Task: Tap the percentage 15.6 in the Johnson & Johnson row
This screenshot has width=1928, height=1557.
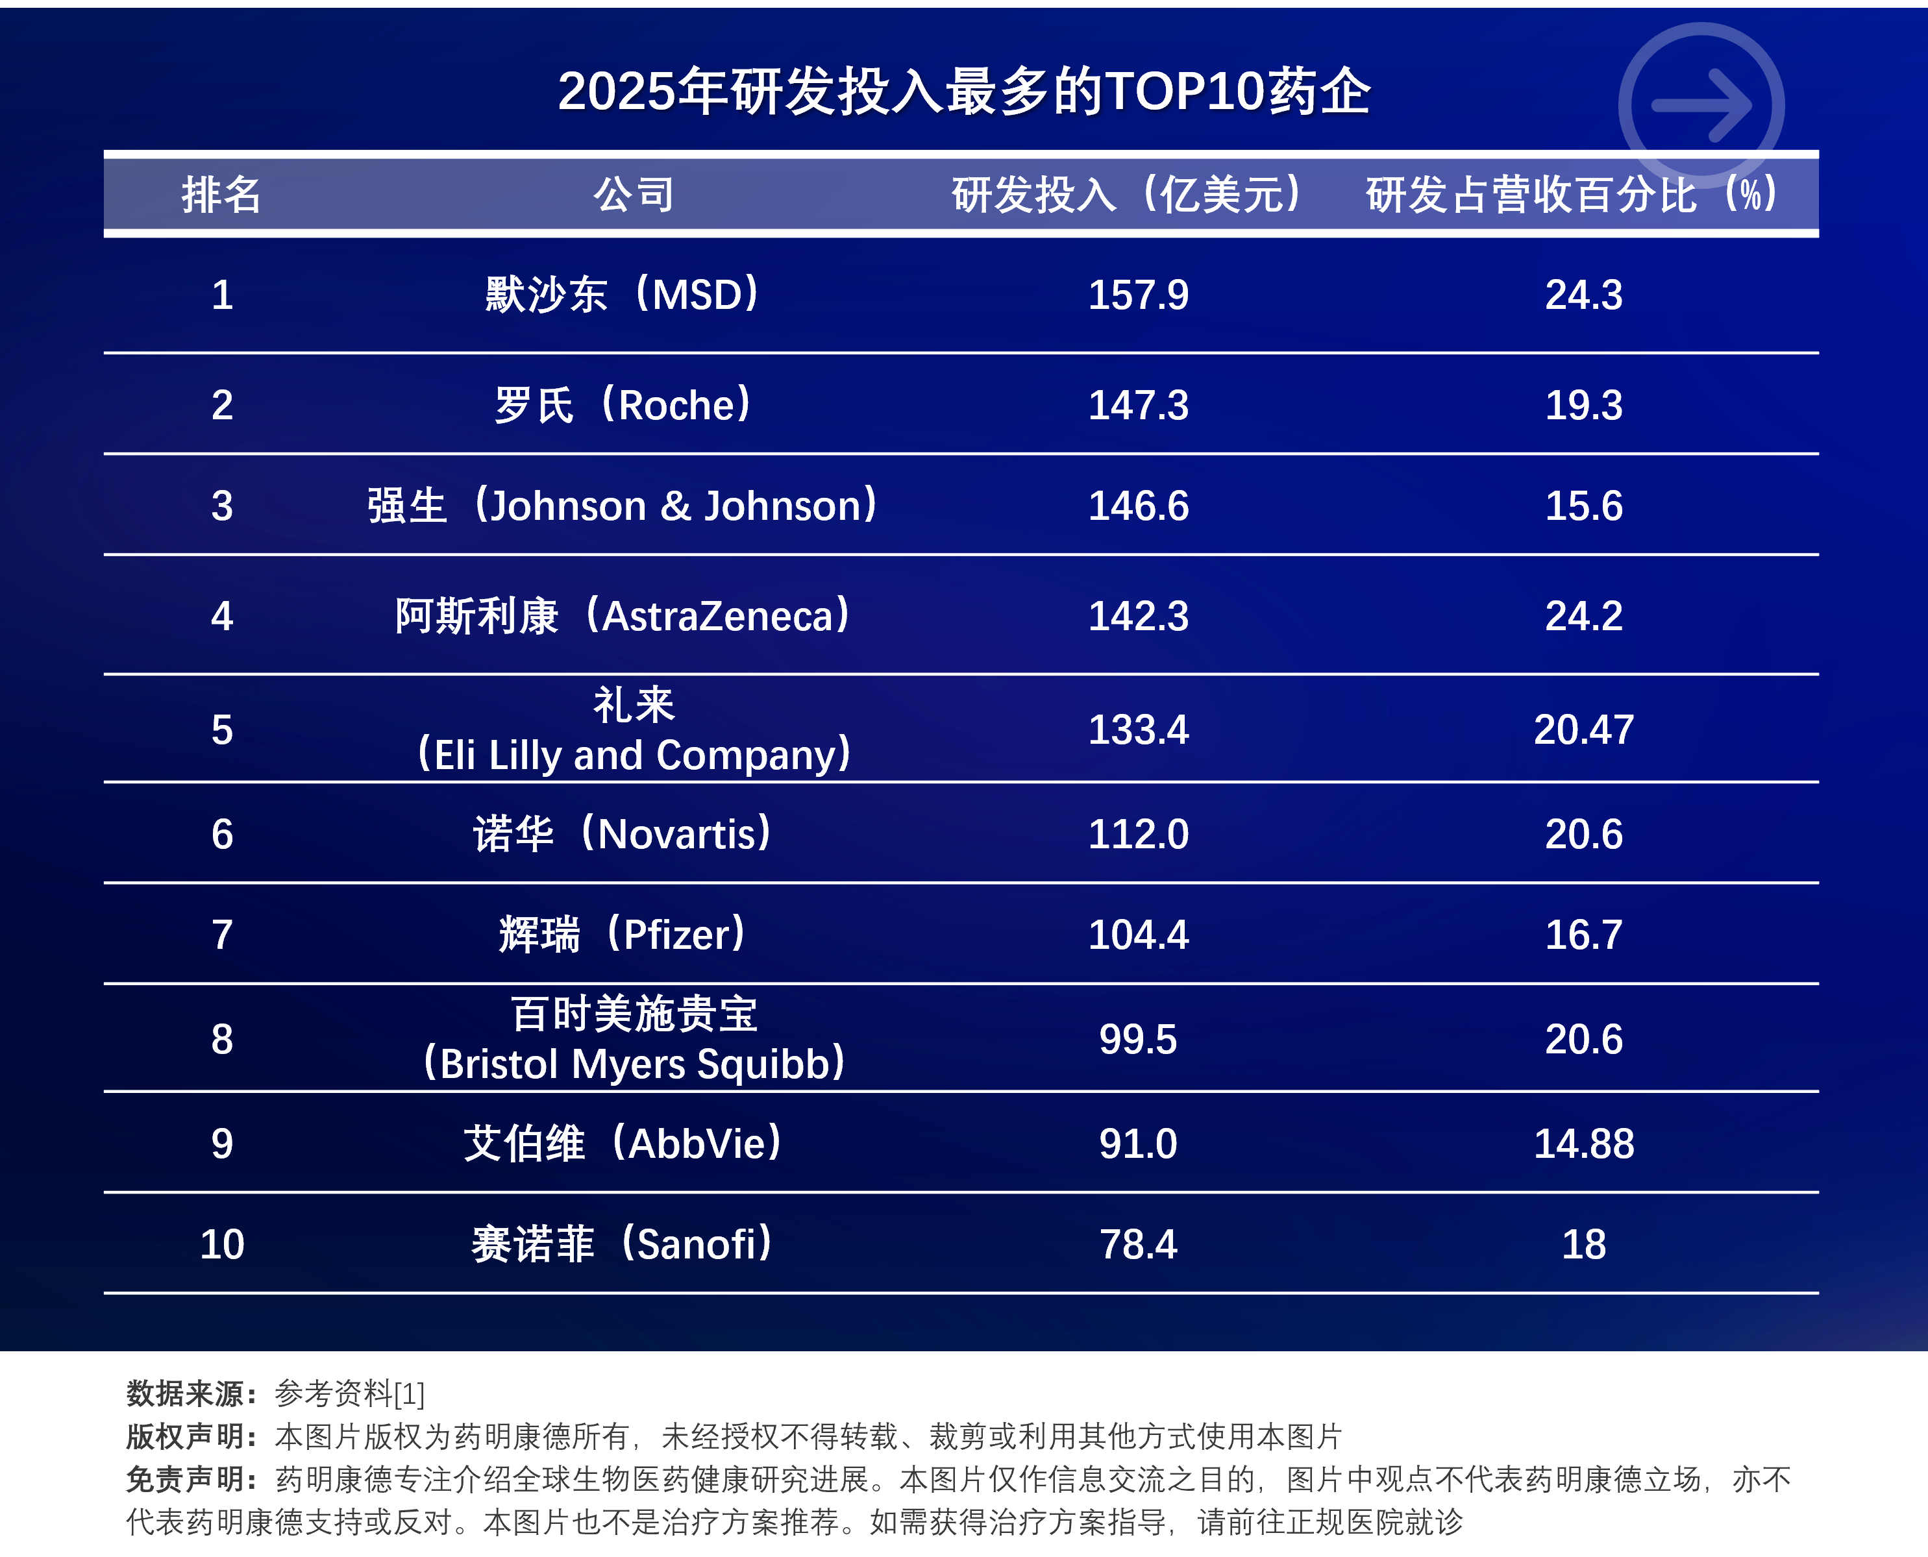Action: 1583,506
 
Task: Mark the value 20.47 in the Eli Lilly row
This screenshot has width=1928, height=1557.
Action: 1583,729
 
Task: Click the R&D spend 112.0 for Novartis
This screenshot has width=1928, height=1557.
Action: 1137,834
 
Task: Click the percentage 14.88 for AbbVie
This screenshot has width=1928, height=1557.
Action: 1583,1144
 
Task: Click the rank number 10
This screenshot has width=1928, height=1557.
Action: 221,1244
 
